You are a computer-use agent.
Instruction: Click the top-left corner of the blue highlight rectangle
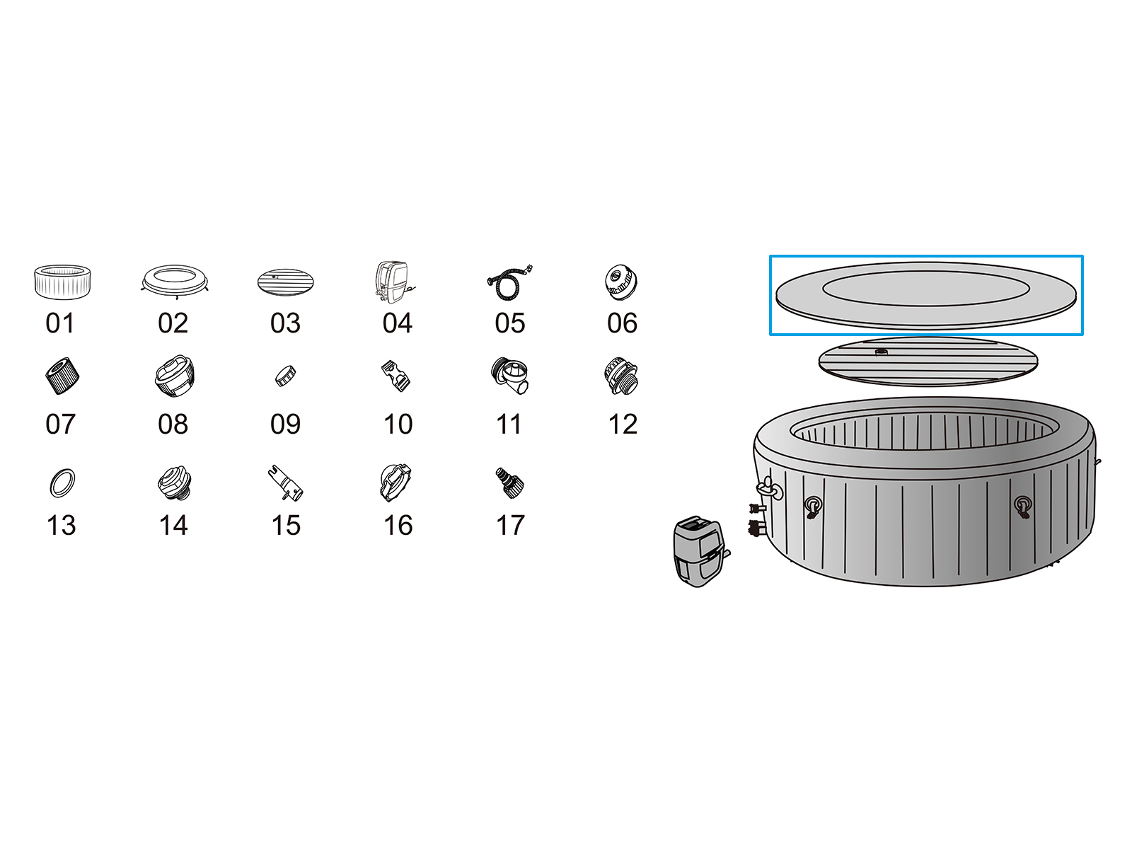tap(770, 255)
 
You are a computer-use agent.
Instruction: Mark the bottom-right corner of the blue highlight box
tap(1082, 335)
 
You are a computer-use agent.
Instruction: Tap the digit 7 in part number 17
tap(517, 525)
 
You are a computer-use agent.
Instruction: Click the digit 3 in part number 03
tap(294, 323)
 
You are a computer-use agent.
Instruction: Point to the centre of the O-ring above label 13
tap(62, 483)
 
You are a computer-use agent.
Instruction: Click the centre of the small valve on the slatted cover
tap(881, 352)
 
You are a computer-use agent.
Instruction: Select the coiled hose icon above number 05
tap(509, 282)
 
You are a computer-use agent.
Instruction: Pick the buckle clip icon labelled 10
tap(396, 376)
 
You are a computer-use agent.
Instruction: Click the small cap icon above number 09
tap(285, 376)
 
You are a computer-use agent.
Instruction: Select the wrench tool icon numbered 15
tap(286, 483)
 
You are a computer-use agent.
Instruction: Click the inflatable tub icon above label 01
tap(62, 282)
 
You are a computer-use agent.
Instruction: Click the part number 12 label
tap(623, 424)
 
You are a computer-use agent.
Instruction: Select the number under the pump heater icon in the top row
tap(397, 323)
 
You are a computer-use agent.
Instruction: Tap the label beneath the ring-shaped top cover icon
tap(173, 323)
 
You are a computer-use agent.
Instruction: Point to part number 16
tap(398, 525)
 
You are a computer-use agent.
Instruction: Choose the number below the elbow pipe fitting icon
tap(509, 424)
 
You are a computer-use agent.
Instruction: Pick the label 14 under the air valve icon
tap(173, 525)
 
